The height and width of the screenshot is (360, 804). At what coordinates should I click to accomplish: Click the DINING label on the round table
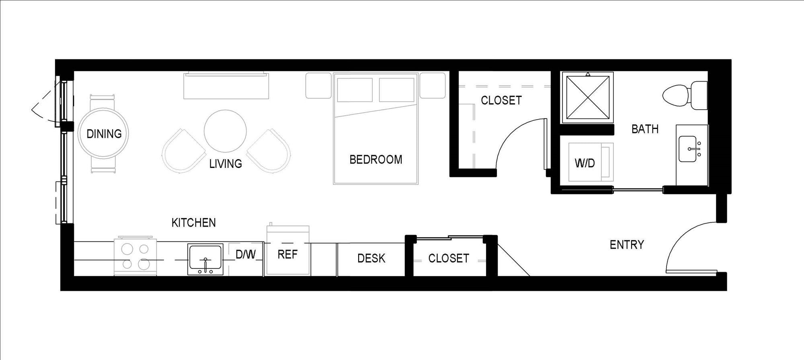[104, 134]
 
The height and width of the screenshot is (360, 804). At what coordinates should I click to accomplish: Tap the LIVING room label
[226, 164]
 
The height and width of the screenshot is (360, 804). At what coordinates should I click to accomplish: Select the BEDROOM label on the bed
[376, 160]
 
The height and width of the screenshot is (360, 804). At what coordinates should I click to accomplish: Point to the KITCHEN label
[194, 223]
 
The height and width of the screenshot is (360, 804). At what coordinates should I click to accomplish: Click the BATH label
[645, 129]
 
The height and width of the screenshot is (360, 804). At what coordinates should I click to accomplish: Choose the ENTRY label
[627, 245]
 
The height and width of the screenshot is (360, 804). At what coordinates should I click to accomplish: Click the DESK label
[371, 258]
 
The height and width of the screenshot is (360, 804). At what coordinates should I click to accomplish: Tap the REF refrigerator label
[287, 254]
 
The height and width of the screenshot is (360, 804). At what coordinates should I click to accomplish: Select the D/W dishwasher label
[246, 254]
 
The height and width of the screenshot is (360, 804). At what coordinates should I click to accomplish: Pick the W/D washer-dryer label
[585, 163]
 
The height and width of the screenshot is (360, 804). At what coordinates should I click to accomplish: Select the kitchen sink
[205, 260]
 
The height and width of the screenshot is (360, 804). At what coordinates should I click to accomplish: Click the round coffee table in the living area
[225, 131]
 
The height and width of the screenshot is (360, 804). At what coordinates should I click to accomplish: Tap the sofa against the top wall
[226, 86]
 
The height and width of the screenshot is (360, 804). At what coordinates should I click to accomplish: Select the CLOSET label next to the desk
[449, 258]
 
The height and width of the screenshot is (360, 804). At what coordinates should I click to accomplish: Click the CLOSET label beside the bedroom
[501, 100]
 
